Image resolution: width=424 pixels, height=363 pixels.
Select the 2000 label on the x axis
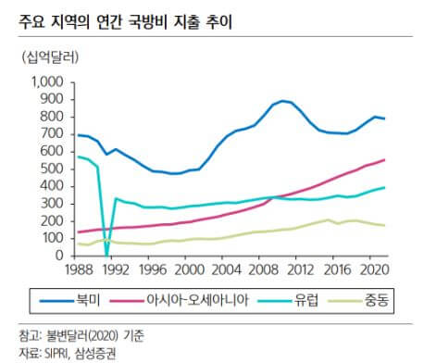point(189,270)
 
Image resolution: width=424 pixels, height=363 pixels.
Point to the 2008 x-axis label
point(262,270)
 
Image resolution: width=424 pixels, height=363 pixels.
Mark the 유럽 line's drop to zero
point(107,255)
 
